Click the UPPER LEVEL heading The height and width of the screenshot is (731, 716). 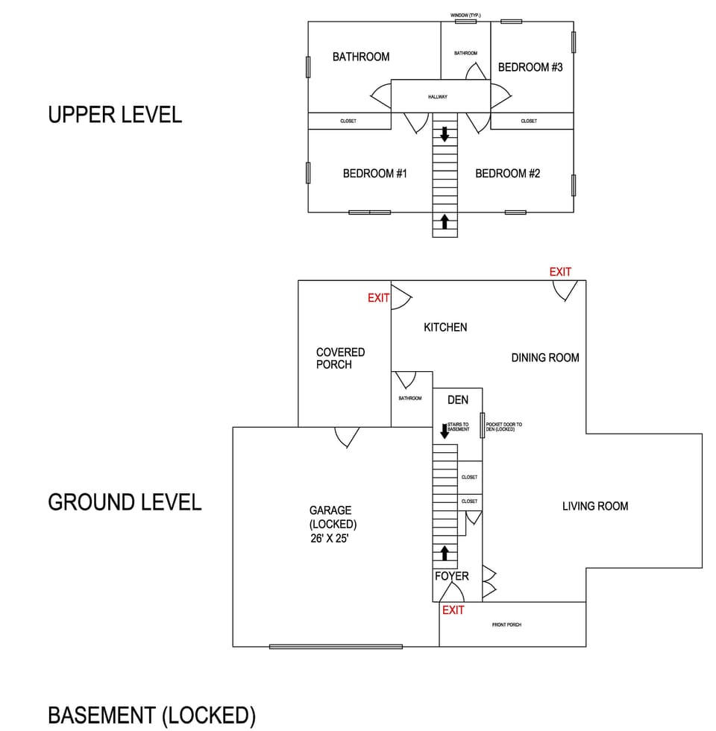115,115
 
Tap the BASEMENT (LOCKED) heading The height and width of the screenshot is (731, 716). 151,715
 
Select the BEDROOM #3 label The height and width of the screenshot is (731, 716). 530,67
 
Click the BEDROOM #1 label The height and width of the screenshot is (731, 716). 374,174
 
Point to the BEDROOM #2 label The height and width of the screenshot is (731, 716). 507,174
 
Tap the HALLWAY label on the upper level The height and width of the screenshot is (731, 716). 438,97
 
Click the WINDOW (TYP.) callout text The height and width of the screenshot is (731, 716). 465,15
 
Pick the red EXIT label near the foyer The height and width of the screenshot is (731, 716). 453,610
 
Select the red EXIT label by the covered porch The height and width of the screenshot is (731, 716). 378,298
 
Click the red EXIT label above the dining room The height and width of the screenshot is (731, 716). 560,272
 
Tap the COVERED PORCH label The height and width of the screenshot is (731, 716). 340,358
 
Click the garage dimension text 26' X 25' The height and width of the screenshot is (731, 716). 330,537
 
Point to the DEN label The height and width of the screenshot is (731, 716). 458,400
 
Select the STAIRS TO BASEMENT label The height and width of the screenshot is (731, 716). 459,427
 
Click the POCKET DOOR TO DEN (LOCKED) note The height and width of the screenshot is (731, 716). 504,427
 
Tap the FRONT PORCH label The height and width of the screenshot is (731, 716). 506,624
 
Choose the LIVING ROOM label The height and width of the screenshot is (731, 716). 595,506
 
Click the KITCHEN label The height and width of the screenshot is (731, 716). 445,327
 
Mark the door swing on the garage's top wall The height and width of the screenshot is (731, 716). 347,436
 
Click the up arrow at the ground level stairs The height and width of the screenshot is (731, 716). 445,553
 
